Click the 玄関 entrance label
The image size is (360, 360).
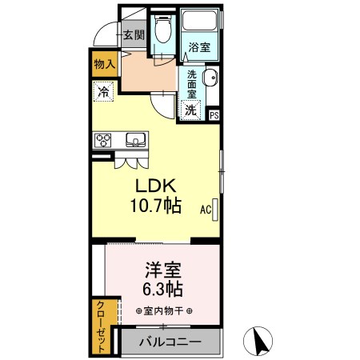point(133,35)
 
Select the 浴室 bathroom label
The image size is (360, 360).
point(199,48)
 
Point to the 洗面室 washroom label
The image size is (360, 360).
point(192,82)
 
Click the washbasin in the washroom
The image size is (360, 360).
point(210,78)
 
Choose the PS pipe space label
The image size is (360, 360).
point(214,115)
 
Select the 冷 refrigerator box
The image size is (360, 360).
point(103,92)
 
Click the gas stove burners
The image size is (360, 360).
point(105,140)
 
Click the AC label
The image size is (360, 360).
point(205,210)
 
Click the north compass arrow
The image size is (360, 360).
point(258,342)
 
